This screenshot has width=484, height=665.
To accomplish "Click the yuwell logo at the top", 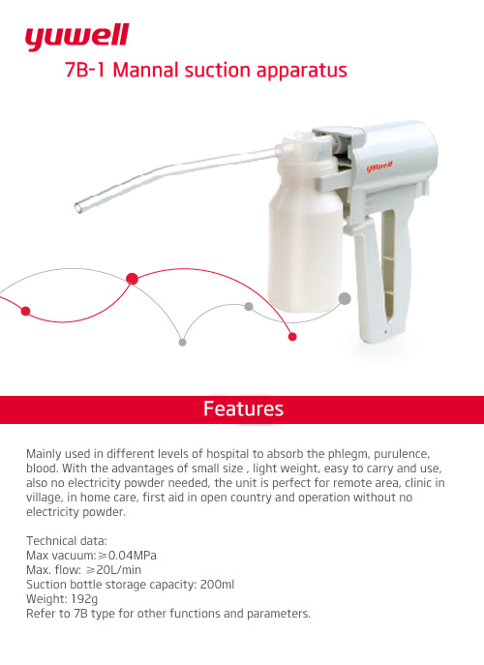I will coord(77,37).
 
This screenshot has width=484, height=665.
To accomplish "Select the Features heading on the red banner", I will coord(243,409).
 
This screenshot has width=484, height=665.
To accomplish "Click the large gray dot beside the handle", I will coord(344,298).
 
